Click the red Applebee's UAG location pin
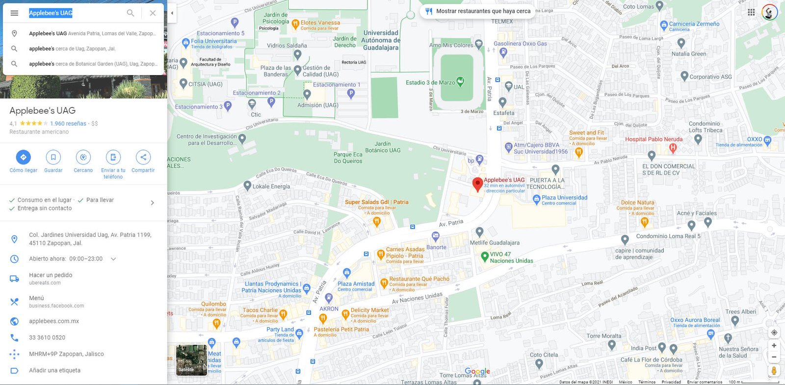tap(477, 184)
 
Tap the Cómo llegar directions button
tap(23, 157)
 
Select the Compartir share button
tap(143, 157)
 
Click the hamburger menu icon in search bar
tap(14, 13)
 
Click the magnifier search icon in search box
tap(131, 13)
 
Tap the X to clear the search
tap(153, 13)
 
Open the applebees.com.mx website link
tap(54, 321)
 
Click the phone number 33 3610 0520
tap(47, 337)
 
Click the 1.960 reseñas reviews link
tap(68, 124)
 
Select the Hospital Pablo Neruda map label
tap(654, 139)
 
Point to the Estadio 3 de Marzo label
tap(430, 82)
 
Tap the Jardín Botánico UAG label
tap(383, 147)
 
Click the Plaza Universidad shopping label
tap(564, 198)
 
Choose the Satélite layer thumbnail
tap(191, 360)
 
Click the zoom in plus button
tap(774, 345)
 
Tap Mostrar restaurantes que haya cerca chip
tap(477, 11)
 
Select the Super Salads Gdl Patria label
tap(376, 202)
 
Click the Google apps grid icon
tap(751, 12)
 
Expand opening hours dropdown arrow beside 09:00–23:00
tap(113, 259)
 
